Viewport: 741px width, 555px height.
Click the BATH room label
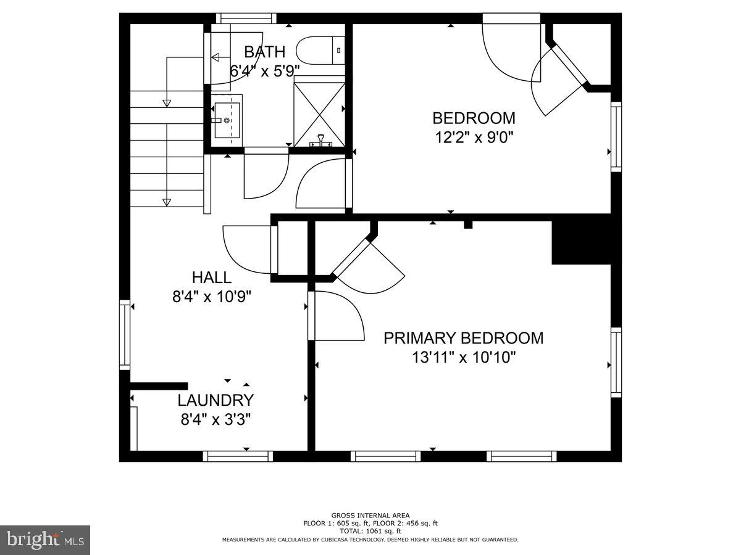(264, 51)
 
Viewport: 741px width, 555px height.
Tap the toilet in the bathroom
(320, 50)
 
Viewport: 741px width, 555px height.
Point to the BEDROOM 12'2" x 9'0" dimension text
(473, 136)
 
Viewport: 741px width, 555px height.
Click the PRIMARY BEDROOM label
(463, 338)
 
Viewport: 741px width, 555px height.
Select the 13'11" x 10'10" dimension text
(463, 357)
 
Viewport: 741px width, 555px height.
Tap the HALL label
(211, 277)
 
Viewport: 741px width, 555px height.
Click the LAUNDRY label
(215, 400)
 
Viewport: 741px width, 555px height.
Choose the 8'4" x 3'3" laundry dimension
(215, 420)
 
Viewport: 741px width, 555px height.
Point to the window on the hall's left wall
(125, 335)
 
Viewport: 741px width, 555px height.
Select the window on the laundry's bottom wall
(238, 456)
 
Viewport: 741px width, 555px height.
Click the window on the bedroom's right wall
(616, 136)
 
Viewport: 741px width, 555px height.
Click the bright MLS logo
(45, 540)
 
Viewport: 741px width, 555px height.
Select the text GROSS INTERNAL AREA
(370, 516)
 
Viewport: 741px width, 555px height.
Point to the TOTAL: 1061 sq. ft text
(370, 531)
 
